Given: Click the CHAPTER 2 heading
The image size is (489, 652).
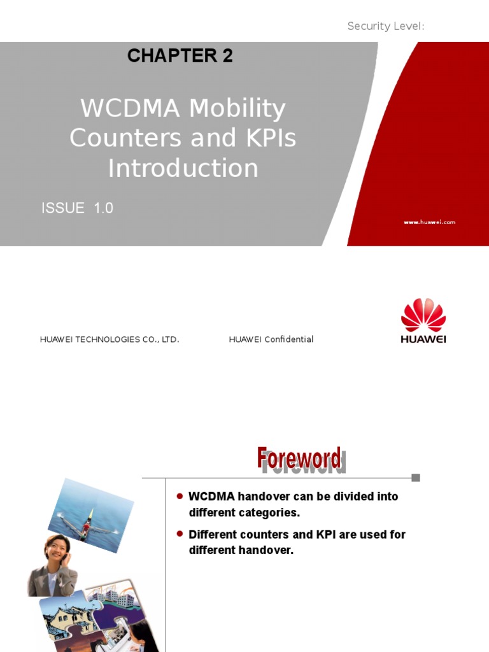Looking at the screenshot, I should [x=180, y=56].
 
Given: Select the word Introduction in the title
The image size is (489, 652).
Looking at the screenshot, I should [x=183, y=168].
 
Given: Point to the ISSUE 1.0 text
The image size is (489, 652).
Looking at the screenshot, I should [x=77, y=208].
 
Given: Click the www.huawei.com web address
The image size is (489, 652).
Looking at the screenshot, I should [x=429, y=222].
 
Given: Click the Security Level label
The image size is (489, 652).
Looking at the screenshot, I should [x=386, y=26].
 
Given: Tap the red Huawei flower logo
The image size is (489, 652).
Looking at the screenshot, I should [x=423, y=315].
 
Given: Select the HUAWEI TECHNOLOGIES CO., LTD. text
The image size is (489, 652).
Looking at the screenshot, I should [x=110, y=339].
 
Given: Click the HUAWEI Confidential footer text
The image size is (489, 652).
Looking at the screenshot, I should [x=271, y=339].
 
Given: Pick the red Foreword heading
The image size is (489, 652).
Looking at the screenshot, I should [x=300, y=458].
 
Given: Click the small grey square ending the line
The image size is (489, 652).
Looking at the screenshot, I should [x=416, y=478].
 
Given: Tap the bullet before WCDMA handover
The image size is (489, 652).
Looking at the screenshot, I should [x=180, y=496].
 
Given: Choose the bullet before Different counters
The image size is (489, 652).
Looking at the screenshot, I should [x=180, y=534].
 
